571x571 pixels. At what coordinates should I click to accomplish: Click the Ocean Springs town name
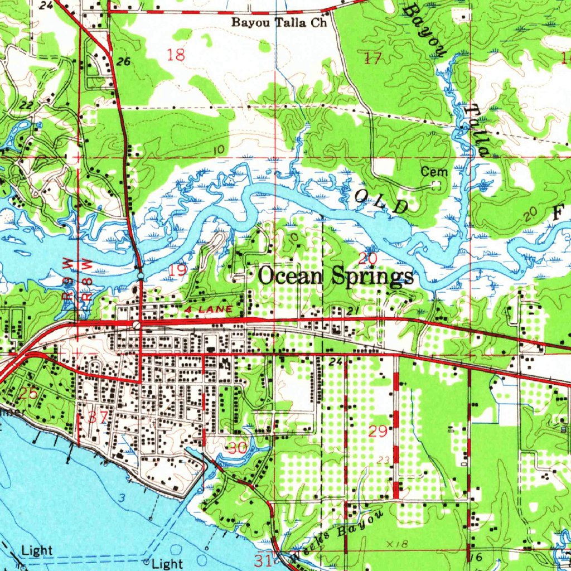[337, 276]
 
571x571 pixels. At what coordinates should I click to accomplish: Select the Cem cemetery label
[434, 172]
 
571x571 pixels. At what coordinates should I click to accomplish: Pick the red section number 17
[372, 58]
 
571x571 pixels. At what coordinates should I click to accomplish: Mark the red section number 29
[378, 431]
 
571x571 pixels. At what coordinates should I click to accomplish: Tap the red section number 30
[238, 447]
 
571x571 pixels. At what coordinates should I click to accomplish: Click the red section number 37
[98, 417]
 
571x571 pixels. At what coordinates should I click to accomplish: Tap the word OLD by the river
[382, 201]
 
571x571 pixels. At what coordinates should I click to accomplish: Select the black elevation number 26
[124, 62]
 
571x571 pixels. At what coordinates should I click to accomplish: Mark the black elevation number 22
[26, 105]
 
